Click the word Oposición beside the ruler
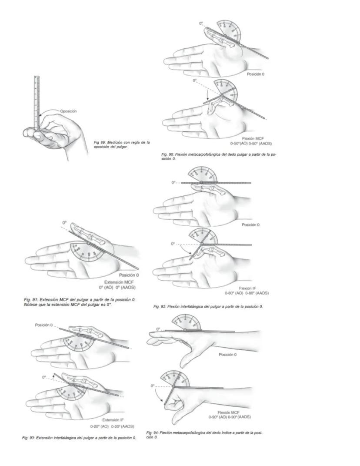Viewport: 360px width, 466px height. [68, 111]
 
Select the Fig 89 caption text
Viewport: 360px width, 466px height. [122, 144]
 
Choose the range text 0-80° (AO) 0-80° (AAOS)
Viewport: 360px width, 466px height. [247, 293]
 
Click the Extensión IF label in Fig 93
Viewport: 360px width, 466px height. [113, 420]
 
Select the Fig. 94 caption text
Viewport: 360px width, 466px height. [204, 435]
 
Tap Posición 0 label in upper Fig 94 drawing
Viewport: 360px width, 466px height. [227, 355]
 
